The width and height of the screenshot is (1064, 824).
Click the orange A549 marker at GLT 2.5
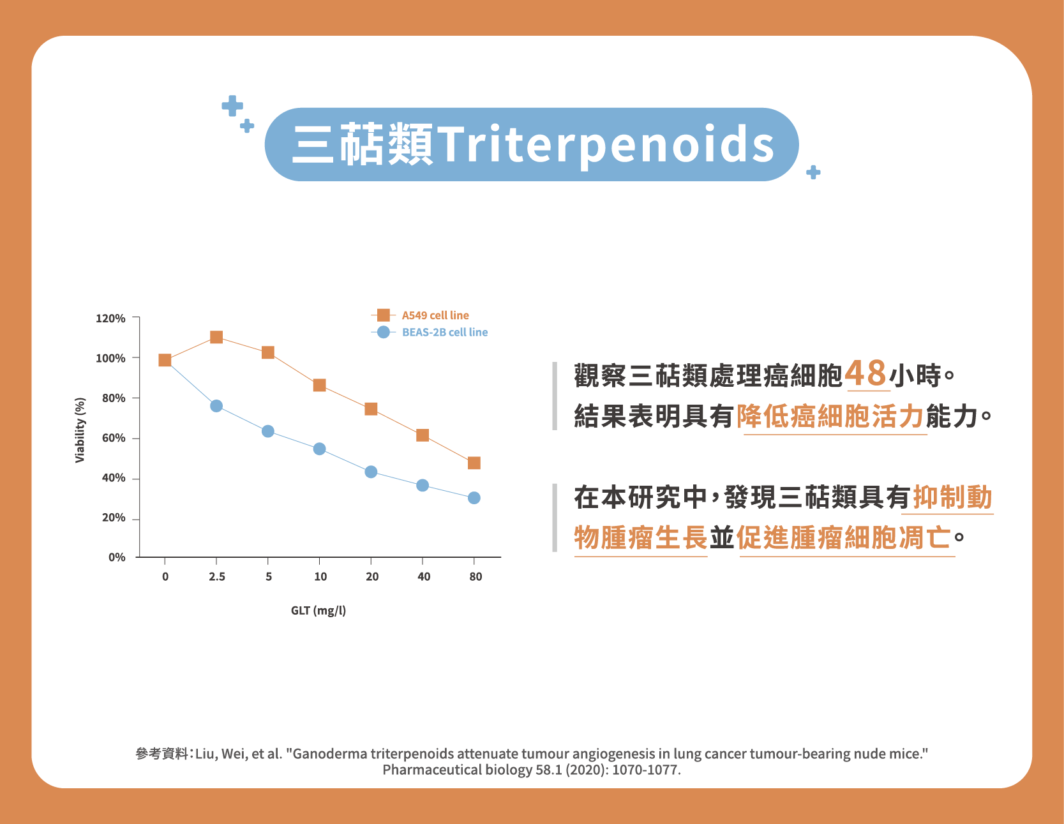click(x=216, y=337)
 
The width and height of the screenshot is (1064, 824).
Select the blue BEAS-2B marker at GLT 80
click(x=474, y=498)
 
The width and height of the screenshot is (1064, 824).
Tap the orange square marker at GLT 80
click(x=474, y=463)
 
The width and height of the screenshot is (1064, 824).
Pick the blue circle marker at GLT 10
click(x=320, y=449)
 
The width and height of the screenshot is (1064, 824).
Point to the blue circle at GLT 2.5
click(x=216, y=406)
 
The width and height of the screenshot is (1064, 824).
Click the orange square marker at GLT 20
click(x=371, y=409)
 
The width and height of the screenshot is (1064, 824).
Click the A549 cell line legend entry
click(x=421, y=315)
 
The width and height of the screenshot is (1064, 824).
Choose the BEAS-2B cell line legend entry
click(x=430, y=332)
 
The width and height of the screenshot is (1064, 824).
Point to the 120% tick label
click(x=110, y=318)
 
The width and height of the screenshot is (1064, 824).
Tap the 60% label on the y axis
click(x=114, y=438)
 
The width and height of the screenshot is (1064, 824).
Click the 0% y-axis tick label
click(x=117, y=557)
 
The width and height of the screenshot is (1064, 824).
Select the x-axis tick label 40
click(x=424, y=577)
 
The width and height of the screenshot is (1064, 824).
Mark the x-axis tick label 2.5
click(x=217, y=577)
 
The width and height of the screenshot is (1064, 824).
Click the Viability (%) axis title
click(x=80, y=430)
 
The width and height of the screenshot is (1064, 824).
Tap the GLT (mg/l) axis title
click(x=318, y=611)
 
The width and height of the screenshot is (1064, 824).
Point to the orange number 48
click(x=866, y=373)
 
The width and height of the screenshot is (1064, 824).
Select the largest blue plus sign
click(x=232, y=106)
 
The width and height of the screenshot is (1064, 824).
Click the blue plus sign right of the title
click(x=813, y=172)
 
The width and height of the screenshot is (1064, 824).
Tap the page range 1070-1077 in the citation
click(x=646, y=770)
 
